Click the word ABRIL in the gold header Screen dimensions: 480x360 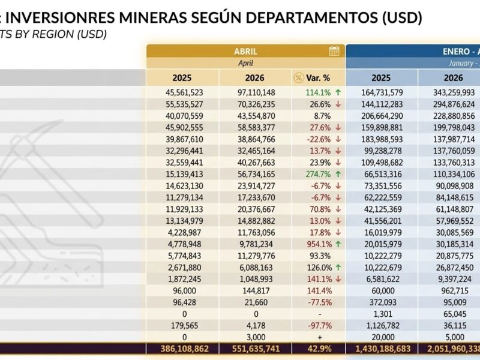[245, 51]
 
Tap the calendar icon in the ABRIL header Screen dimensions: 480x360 [334, 51]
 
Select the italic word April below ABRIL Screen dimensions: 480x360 [245, 63]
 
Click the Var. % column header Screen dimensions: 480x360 [318, 78]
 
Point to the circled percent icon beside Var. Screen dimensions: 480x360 [298, 78]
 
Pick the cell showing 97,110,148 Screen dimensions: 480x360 [256, 92]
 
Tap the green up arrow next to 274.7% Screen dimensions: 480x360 [338, 174]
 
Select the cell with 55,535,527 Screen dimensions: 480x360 [184, 104]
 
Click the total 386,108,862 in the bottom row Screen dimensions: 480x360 [184, 349]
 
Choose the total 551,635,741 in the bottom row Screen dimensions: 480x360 [257, 349]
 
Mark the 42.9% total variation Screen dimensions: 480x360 [320, 349]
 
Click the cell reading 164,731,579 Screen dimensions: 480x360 [382, 92]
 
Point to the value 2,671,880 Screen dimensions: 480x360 [185, 267]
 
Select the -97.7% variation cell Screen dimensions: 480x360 [320, 325]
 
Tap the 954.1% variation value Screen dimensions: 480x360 [320, 244]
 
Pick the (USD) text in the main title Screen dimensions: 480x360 [402, 18]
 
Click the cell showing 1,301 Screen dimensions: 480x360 [383, 314]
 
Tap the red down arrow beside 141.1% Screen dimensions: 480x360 [338, 279]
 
